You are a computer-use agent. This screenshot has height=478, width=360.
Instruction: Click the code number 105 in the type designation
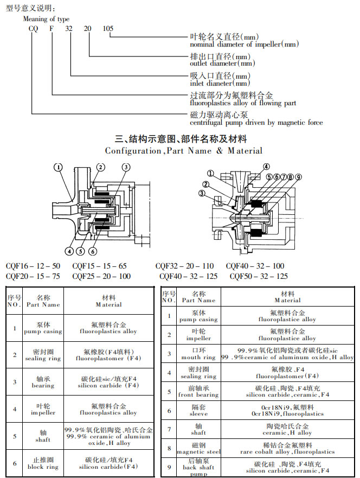[108, 28]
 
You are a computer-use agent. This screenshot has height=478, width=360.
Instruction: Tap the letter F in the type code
[52, 28]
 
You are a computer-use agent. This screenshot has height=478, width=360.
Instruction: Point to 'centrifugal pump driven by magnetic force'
[256, 123]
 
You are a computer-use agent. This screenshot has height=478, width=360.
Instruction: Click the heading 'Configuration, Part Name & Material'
[184, 151]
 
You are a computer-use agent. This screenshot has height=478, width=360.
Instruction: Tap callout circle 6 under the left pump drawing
[93, 251]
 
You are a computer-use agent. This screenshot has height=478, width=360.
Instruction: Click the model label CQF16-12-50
[33, 266]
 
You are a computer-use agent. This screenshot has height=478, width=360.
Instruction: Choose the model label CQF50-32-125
[259, 276]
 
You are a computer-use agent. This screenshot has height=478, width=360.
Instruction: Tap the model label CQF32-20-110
[184, 266]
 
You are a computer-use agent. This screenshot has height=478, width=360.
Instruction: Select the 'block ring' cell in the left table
[43, 467]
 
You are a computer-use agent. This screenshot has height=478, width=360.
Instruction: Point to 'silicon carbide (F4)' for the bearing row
[108, 386]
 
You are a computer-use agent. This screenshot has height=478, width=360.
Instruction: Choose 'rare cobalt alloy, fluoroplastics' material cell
[287, 451]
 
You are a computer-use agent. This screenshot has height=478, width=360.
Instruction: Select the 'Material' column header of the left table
[108, 301]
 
